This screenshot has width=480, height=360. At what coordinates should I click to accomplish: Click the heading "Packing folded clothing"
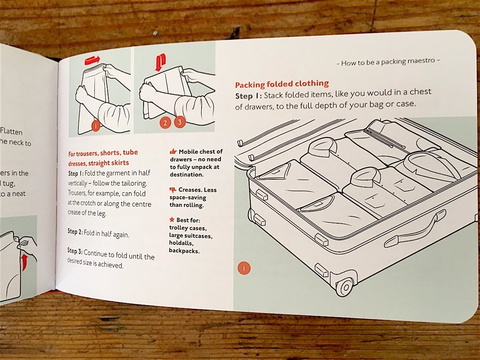click(x=282, y=84)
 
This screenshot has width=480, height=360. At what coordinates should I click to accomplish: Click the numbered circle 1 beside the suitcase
click(x=244, y=268)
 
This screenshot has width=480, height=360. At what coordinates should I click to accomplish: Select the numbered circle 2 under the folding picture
click(x=164, y=123)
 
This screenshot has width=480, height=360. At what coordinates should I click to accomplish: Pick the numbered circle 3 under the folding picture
click(x=180, y=122)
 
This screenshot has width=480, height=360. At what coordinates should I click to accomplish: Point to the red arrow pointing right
click(x=92, y=60)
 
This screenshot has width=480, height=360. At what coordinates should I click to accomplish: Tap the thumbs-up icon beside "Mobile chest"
click(x=173, y=152)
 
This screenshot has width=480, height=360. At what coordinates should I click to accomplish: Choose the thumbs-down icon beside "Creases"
click(x=173, y=190)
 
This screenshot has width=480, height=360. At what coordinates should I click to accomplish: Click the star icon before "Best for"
click(x=172, y=220)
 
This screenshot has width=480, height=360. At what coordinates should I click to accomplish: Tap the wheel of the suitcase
click(x=344, y=287)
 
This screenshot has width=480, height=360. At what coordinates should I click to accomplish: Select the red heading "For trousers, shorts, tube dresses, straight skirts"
click(x=103, y=158)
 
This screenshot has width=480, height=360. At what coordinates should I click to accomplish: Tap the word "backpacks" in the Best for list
click(x=184, y=251)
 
